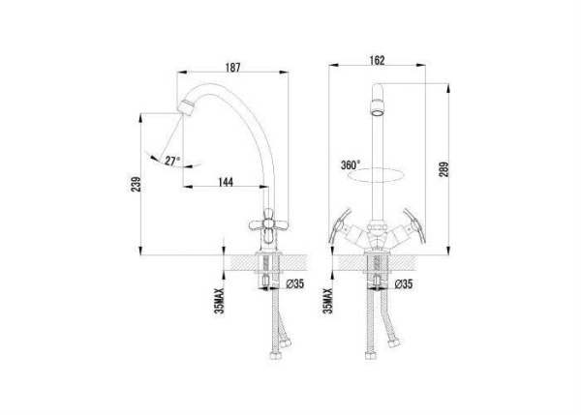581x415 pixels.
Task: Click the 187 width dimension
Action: pos(232,68)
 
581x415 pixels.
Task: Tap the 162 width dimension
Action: pos(378,60)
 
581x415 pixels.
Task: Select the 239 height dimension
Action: pos(137,184)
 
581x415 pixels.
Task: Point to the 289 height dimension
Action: pos(443,169)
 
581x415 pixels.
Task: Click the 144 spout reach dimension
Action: pos(226,182)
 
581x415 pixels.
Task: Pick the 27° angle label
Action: pos(172,161)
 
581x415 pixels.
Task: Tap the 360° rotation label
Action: pos(351,165)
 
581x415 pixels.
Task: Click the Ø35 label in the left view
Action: pos(295,284)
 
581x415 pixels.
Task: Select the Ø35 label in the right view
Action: pos(404,284)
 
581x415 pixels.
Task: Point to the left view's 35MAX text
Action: pos(220,301)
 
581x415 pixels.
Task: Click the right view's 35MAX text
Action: pos(328,301)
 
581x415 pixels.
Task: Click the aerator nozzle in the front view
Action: pos(378,108)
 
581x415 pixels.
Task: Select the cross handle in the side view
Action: pos(268,224)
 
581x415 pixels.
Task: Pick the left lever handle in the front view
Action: pos(340,225)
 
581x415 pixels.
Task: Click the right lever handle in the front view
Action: pos(414,225)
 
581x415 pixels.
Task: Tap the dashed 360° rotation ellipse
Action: pos(377,182)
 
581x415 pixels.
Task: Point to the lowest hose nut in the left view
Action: pos(276,355)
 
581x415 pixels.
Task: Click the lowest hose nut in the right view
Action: pos(370,355)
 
